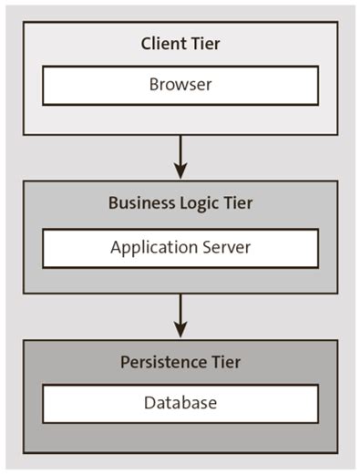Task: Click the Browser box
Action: pos(180,85)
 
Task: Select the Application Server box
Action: pos(180,247)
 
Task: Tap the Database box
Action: pos(180,403)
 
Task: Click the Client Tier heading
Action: pos(180,43)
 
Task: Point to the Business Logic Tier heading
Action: pos(180,203)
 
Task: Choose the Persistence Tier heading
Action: pos(180,362)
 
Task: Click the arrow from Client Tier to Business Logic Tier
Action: pos(180,155)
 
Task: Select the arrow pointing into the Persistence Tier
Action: pos(180,315)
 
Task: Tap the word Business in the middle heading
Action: pos(139,203)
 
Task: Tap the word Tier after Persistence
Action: pos(225,362)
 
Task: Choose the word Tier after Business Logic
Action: pos(236,203)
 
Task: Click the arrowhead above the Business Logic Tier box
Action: pos(180,170)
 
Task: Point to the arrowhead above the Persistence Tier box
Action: pos(180,329)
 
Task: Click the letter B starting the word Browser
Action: pos(153,85)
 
